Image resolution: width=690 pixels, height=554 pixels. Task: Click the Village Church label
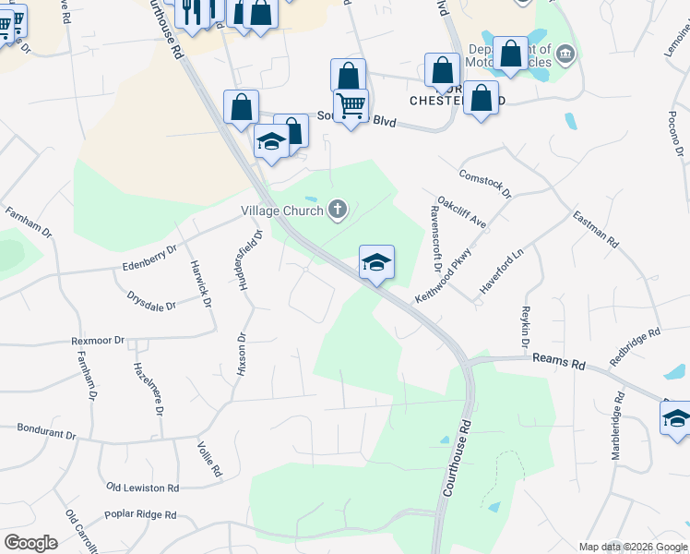[x=281, y=211]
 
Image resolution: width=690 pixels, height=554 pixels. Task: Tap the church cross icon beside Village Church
[x=338, y=211]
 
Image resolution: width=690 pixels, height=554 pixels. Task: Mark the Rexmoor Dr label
[x=98, y=341]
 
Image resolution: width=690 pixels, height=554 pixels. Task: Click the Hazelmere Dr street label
[x=146, y=385]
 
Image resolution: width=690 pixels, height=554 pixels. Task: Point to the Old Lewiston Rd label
[x=142, y=487]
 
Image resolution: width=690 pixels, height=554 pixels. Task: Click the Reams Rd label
[x=565, y=365]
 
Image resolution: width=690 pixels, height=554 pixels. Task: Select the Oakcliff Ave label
[x=461, y=211]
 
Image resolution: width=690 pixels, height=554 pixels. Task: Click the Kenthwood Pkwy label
[x=444, y=272]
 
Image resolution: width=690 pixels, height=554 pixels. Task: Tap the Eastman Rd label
[x=595, y=227]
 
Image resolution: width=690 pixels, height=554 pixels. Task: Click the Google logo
[x=30, y=543]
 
